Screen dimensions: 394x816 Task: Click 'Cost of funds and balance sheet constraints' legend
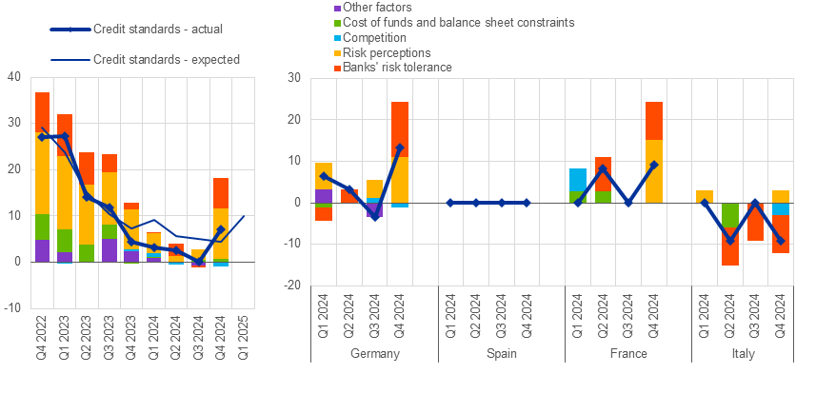click(444, 22)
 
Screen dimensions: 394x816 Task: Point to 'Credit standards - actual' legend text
click(158, 30)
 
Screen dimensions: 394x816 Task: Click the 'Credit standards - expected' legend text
click(167, 59)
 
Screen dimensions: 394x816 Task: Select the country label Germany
click(374, 353)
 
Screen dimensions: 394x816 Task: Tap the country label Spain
click(501, 353)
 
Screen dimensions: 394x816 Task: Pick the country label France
click(627, 353)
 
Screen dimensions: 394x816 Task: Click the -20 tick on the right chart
click(292, 286)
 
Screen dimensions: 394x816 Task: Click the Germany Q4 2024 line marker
click(400, 148)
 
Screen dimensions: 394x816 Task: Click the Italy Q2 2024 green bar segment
click(730, 220)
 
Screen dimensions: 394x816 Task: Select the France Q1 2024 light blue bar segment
click(578, 180)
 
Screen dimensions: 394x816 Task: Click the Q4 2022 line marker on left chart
click(43, 137)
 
